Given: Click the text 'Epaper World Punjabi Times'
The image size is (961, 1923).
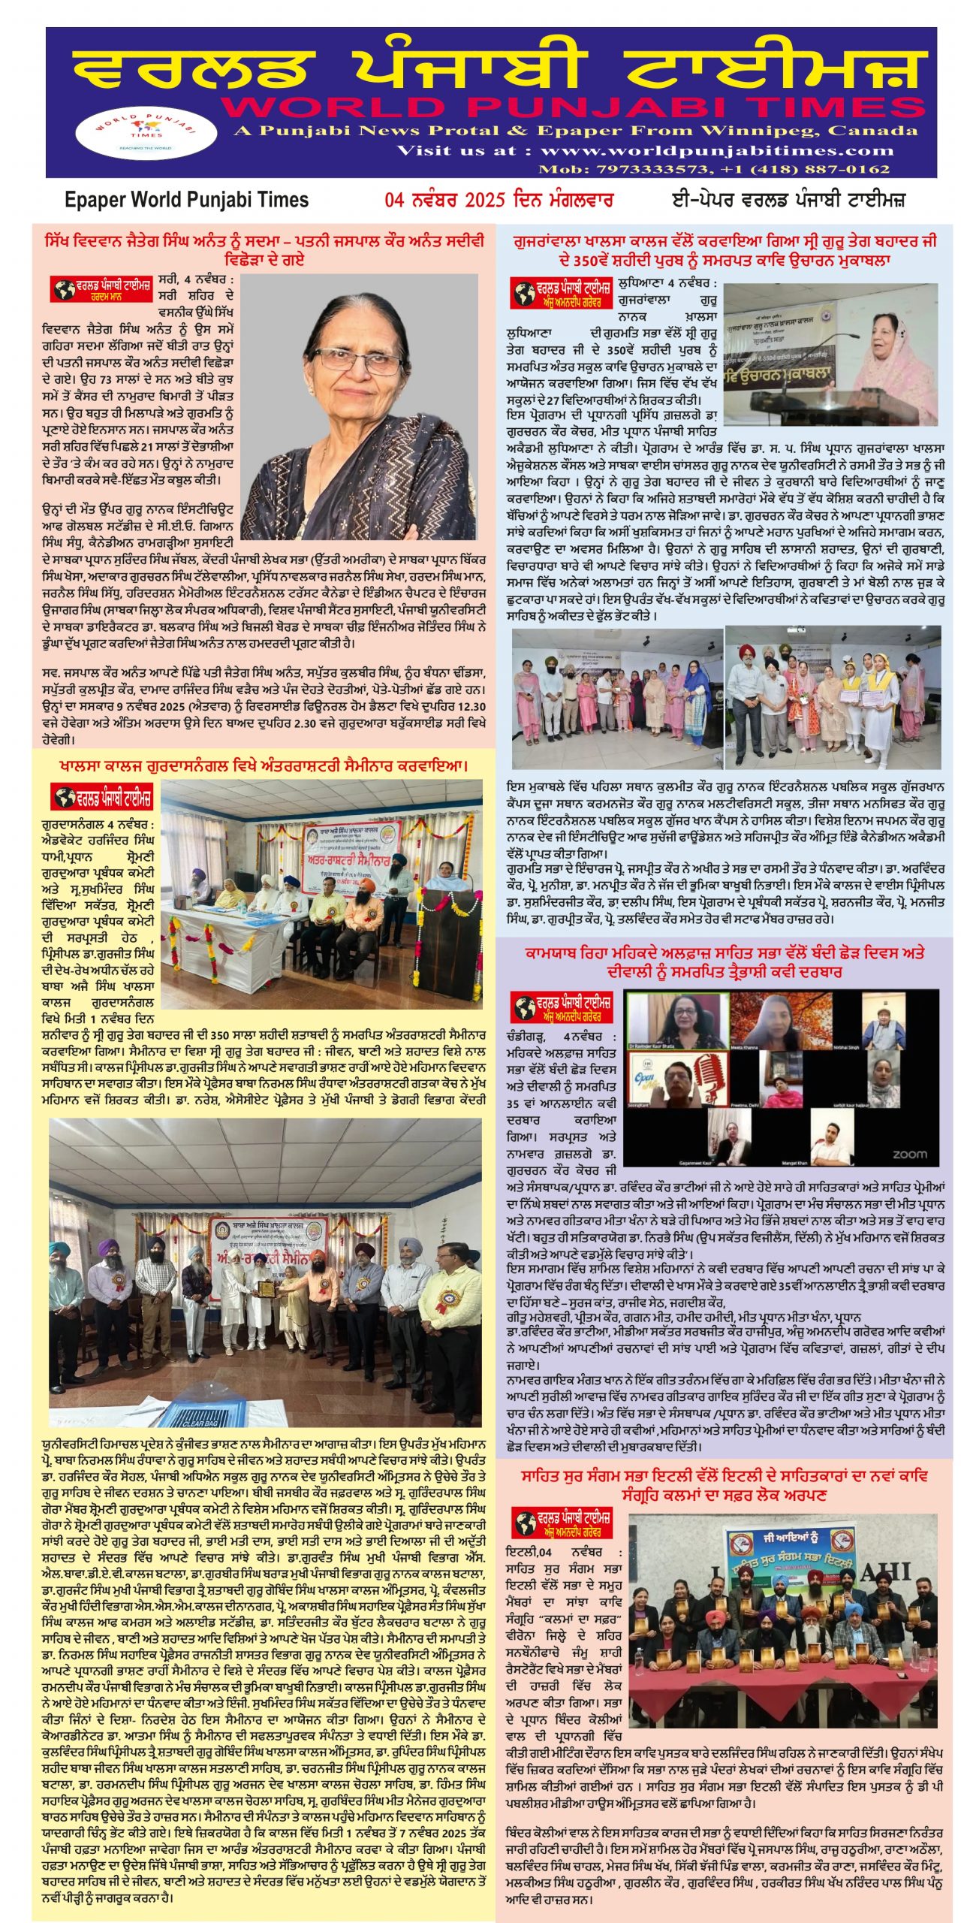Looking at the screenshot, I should click(x=186, y=200).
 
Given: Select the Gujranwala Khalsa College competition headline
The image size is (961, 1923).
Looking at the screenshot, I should click(x=725, y=250).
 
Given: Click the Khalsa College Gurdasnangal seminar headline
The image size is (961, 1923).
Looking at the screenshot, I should click(x=264, y=766).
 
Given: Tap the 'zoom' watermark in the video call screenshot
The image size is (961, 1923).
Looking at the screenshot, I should click(x=909, y=1154).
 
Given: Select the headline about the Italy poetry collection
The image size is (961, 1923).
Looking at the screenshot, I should click(x=725, y=1486).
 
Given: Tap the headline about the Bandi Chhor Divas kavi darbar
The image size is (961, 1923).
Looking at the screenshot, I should click(x=725, y=962).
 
